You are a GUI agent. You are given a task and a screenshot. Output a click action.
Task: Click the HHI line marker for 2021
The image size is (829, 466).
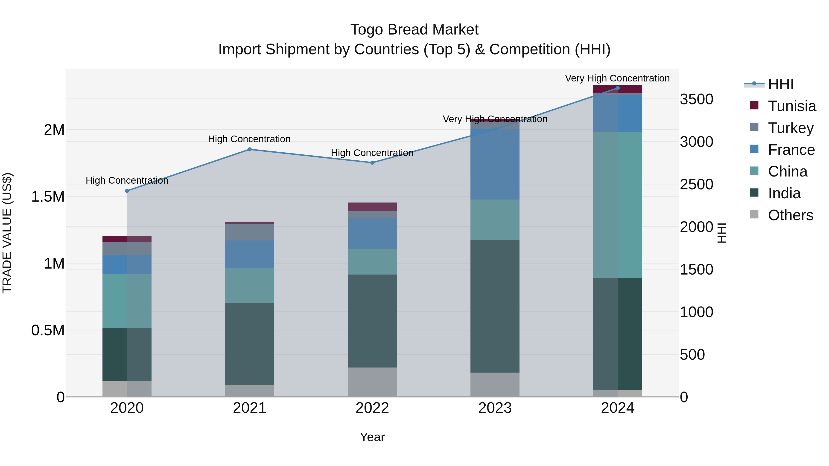click(249, 149)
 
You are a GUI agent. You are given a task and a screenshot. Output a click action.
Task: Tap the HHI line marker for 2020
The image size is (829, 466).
click(127, 191)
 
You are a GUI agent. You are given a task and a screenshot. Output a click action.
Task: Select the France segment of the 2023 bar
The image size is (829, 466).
click(495, 164)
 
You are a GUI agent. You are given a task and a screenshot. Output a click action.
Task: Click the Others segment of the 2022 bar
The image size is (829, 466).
click(372, 382)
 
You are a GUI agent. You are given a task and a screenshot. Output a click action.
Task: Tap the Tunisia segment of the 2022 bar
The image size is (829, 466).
click(372, 207)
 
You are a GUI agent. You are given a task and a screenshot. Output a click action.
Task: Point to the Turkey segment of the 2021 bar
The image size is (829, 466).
click(249, 232)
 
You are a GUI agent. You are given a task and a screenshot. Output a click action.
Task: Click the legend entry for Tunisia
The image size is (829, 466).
click(792, 106)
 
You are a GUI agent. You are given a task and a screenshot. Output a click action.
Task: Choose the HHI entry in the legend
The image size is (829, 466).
click(780, 84)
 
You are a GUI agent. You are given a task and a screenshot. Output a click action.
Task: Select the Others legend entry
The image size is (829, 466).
click(790, 215)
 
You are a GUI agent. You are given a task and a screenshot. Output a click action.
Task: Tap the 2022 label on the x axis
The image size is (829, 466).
click(372, 408)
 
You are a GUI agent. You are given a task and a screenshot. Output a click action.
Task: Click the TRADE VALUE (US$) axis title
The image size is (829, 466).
click(7, 233)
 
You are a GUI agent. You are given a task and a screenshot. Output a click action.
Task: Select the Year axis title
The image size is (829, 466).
click(372, 437)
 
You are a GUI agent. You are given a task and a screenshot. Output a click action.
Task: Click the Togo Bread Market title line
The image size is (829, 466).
click(414, 30)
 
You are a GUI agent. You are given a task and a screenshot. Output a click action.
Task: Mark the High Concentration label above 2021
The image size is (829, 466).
click(249, 139)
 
